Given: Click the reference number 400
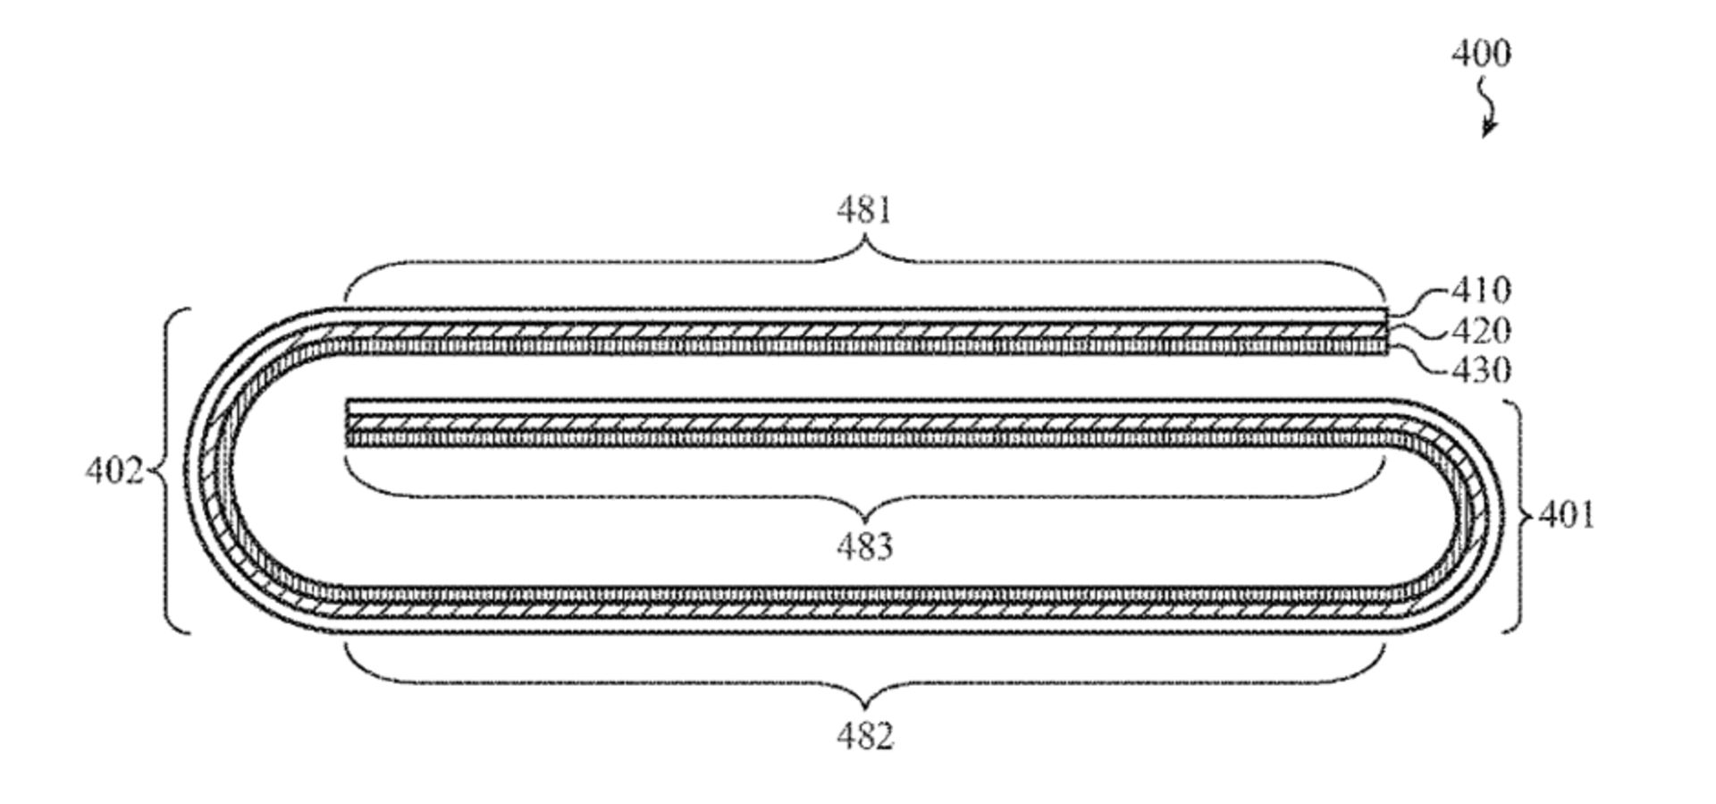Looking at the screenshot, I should [x=1481, y=54].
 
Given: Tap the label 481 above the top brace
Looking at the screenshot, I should [x=864, y=211].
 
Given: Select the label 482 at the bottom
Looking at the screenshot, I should [x=864, y=737].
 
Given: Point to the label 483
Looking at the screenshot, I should [x=864, y=546].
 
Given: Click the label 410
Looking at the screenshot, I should [x=1481, y=291].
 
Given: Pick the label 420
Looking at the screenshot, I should [x=1481, y=332].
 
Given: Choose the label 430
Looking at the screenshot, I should [x=1481, y=370].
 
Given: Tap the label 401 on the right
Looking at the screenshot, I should [x=1566, y=515].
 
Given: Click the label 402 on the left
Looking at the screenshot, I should [x=114, y=470].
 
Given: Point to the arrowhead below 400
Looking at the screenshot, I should [x=1487, y=131].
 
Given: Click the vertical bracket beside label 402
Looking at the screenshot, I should [x=170, y=470].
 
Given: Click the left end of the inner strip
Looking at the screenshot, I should [x=349, y=422].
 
